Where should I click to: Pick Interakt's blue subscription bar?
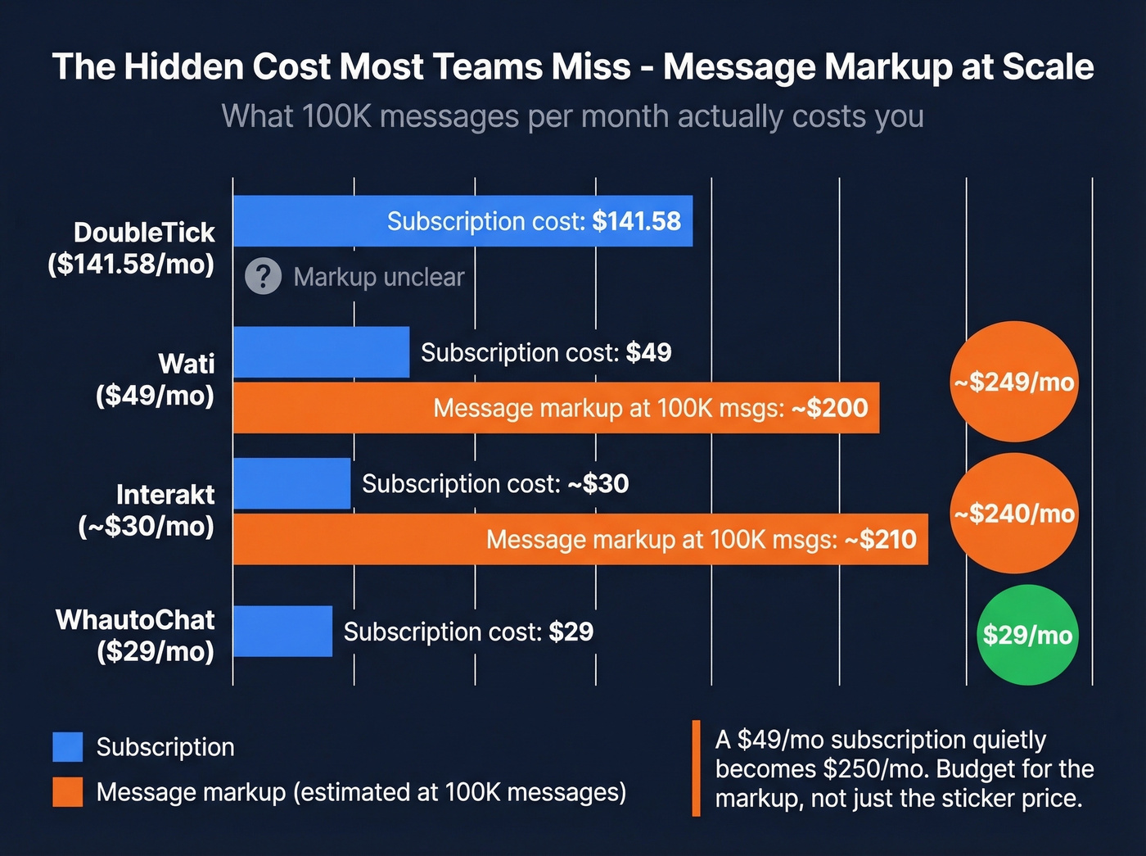click(291, 483)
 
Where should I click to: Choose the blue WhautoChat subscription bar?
click(282, 631)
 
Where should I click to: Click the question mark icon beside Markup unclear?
click(263, 277)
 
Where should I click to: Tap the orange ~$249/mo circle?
click(1013, 382)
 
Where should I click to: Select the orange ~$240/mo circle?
click(1013, 514)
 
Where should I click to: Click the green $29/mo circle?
click(1027, 635)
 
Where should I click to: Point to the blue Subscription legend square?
click(68, 747)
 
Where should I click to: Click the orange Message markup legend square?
click(68, 792)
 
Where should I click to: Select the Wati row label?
click(156, 379)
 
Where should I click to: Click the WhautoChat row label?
click(136, 635)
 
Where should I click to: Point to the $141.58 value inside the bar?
click(636, 221)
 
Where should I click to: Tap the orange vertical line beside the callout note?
click(696, 768)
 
